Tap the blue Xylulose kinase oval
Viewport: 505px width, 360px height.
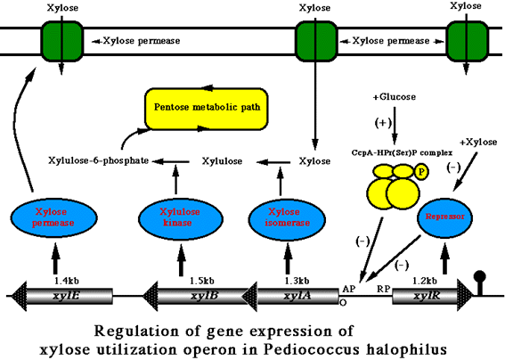tap(177, 218)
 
